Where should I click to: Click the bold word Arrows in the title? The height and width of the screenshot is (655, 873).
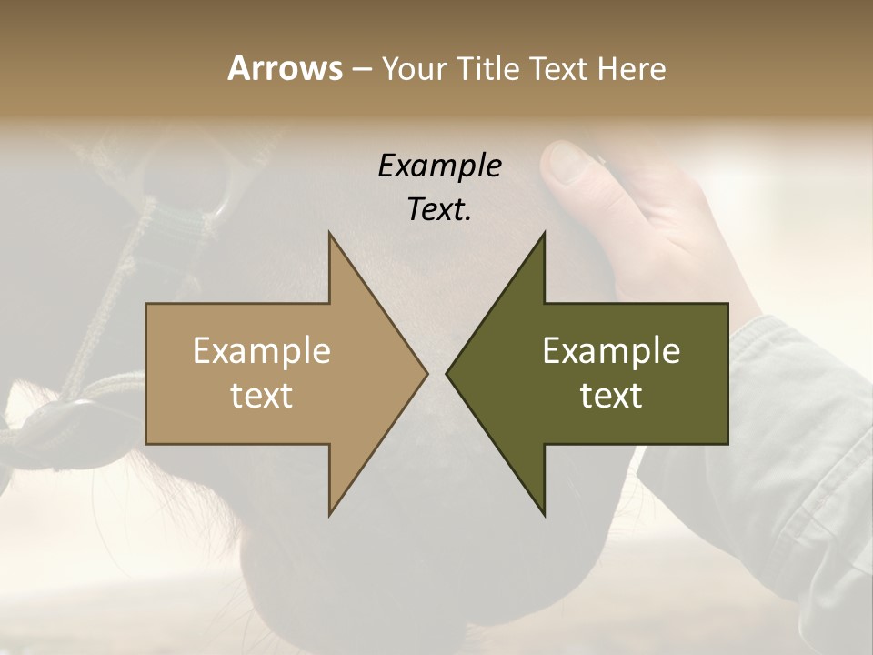pos(285,68)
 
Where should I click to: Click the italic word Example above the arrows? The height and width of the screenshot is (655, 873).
pos(439,166)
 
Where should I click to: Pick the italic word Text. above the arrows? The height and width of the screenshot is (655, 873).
pos(439,209)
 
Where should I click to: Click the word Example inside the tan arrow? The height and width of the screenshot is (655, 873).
pos(261,350)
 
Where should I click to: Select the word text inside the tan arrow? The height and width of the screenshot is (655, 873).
pos(261,396)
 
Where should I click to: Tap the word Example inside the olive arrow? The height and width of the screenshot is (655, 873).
pos(611,350)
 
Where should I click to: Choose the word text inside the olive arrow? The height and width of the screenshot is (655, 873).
pos(611,396)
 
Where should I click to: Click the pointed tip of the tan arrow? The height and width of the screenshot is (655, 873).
pos(426,373)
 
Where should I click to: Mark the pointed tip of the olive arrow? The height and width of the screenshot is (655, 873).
pos(447,373)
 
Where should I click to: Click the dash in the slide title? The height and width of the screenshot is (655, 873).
pos(361,68)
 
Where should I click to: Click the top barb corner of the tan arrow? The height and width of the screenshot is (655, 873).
pos(329,234)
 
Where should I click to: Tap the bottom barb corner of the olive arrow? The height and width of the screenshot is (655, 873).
pos(545,514)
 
